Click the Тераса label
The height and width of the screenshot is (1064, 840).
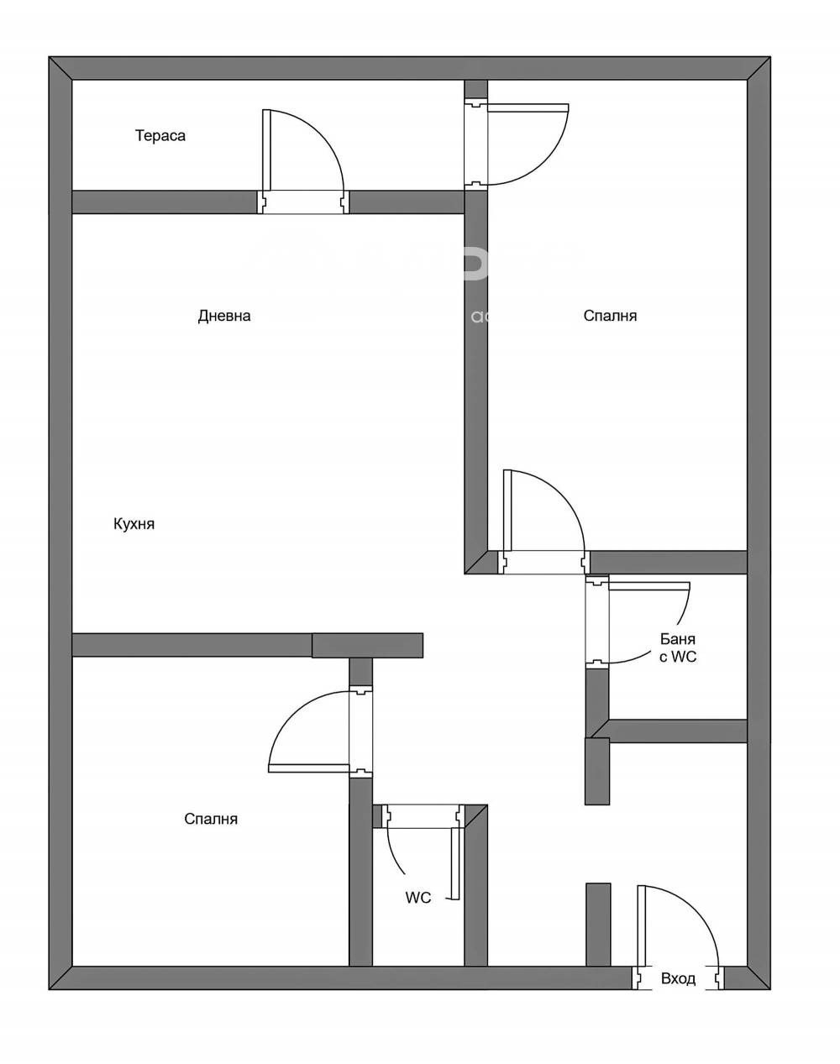[x=160, y=135]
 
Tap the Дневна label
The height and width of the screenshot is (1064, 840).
[x=224, y=316]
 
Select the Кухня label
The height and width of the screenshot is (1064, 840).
[x=134, y=524]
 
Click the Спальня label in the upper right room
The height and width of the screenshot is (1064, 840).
[x=610, y=316]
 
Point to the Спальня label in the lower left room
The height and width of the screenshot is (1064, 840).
[x=211, y=819]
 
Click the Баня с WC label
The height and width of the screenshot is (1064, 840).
[x=677, y=648]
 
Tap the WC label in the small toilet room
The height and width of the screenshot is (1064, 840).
[x=418, y=898]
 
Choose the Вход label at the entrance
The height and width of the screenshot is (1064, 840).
[x=678, y=979]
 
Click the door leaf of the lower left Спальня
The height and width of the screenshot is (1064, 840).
[x=309, y=768]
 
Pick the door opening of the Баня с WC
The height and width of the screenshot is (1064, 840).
[x=596, y=622]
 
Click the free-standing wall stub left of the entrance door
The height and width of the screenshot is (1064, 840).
[x=597, y=924]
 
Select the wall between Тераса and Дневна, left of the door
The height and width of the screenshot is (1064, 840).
[x=164, y=202]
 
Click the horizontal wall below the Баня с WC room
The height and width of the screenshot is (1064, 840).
[x=677, y=731]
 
